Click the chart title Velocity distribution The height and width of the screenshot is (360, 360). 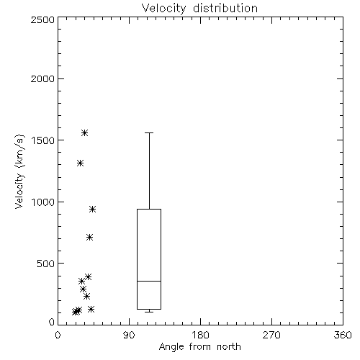coord(199,9)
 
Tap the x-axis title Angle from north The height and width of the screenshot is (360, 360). coord(199,347)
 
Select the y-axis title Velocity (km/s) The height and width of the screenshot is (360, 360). coord(19,171)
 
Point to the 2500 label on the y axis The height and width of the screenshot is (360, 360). coord(42,19)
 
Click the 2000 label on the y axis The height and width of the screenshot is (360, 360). coord(42,78)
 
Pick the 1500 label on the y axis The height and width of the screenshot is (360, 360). coord(43,140)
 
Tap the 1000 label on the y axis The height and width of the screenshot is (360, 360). coord(43,202)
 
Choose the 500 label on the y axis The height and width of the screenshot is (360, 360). coord(46,264)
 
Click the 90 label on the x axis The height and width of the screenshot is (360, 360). coord(129,335)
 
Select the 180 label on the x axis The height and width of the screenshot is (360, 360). coord(200,335)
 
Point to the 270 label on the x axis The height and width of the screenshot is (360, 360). coord(271,335)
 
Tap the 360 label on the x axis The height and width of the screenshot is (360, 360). coord(343,335)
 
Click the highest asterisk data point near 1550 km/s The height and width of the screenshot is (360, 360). coord(84,132)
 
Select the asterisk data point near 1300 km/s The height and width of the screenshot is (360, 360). coord(80,163)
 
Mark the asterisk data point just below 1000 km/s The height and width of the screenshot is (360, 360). coord(92,209)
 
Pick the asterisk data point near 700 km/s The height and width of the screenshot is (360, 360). coord(89,238)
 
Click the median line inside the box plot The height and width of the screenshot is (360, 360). coord(149,281)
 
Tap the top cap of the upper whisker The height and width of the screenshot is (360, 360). coord(149,132)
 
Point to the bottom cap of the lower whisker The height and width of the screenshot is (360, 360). coord(149,312)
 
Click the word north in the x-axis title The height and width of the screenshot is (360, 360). coord(229,347)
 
